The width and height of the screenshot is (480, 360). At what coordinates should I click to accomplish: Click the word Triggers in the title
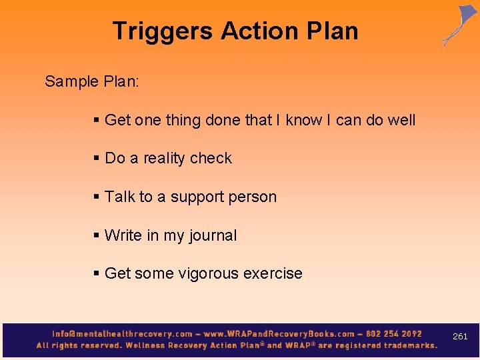(163, 31)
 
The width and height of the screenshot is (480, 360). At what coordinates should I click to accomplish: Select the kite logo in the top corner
(459, 25)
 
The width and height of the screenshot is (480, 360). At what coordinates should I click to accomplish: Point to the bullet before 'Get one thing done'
(97, 120)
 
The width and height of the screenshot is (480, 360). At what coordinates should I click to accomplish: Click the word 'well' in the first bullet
(402, 120)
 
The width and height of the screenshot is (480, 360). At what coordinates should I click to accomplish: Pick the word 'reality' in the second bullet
(164, 158)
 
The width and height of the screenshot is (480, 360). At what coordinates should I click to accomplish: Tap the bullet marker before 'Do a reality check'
(97, 158)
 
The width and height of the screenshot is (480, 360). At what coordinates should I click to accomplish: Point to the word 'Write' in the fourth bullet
(123, 235)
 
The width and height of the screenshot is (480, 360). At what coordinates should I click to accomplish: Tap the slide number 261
(460, 337)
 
